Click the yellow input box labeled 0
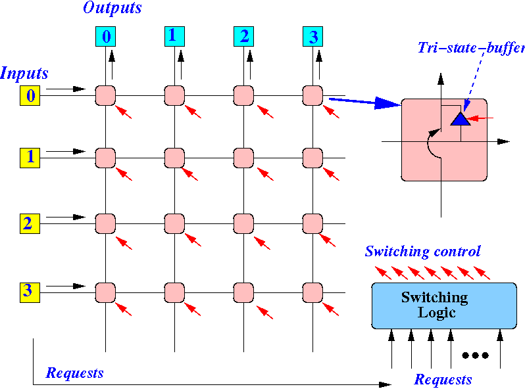(x=30, y=96)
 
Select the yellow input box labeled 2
(x=30, y=223)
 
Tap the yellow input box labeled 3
(x=30, y=292)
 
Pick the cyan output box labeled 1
(x=174, y=36)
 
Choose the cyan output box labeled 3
(x=312, y=36)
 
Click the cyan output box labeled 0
(x=105, y=36)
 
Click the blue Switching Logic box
(x=444, y=306)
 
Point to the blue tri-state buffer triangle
(x=461, y=119)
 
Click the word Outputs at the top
(x=112, y=8)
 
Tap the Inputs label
(x=24, y=73)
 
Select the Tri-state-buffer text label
(x=471, y=48)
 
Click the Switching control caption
(x=422, y=251)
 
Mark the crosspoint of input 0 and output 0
(x=105, y=96)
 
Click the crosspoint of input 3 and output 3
(x=312, y=292)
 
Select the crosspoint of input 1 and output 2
(x=243, y=158)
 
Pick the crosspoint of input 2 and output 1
(x=174, y=223)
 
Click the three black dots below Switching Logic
(x=475, y=355)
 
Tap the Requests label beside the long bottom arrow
(x=74, y=373)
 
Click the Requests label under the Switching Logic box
(x=443, y=380)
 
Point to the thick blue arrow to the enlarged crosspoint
(x=365, y=102)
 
